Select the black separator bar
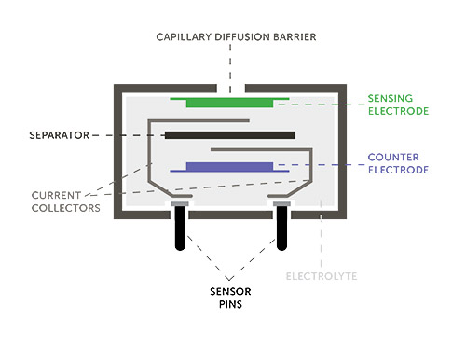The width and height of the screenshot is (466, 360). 229,135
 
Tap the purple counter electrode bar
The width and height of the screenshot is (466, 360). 229,167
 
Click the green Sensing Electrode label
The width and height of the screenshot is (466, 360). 397,104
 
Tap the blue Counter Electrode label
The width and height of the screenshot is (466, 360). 397,164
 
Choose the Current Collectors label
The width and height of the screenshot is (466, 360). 64,201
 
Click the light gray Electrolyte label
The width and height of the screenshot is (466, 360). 322,277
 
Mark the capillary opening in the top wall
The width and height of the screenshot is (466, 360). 229,89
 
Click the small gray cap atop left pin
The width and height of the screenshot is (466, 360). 178,202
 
